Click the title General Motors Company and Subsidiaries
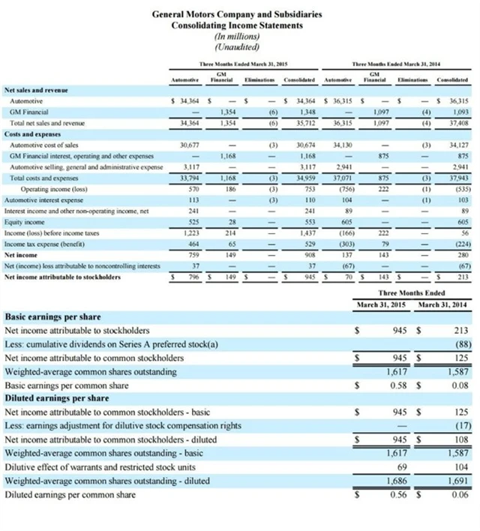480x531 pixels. tap(237, 14)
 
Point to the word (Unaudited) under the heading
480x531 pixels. tap(237, 46)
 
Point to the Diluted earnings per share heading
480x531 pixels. tap(57, 398)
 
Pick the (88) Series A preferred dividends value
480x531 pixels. tap(460, 344)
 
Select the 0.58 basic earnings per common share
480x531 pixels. tap(397, 385)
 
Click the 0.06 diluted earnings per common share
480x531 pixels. tap(460, 495)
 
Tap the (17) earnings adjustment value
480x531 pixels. tap(460, 426)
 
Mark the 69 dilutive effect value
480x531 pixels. tap(401, 467)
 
